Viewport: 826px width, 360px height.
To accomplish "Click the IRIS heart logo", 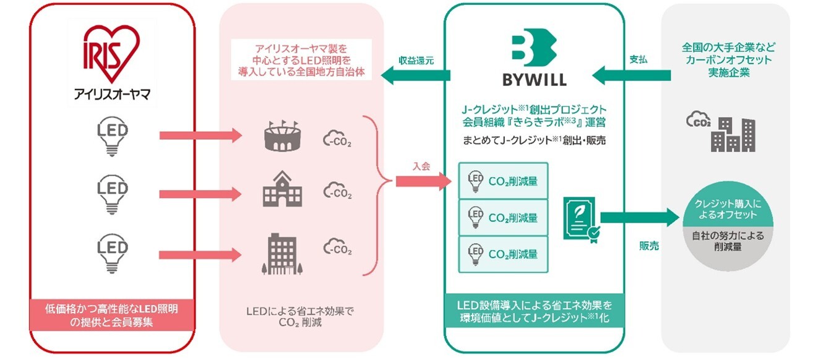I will coord(112,54).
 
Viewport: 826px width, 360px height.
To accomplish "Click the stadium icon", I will coord(283,136).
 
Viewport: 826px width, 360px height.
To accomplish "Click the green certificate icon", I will coord(580,218).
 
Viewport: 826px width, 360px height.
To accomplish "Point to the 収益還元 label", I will coord(416,61).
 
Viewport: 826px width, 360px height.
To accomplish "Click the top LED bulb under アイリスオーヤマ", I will coord(113,137).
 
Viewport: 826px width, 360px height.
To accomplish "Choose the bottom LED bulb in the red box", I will coord(113,253).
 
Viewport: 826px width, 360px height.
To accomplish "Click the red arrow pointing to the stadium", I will coord(200,135).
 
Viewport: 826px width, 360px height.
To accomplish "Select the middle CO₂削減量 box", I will coord(503,218).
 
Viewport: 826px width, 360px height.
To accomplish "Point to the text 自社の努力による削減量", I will coord(726,242).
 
